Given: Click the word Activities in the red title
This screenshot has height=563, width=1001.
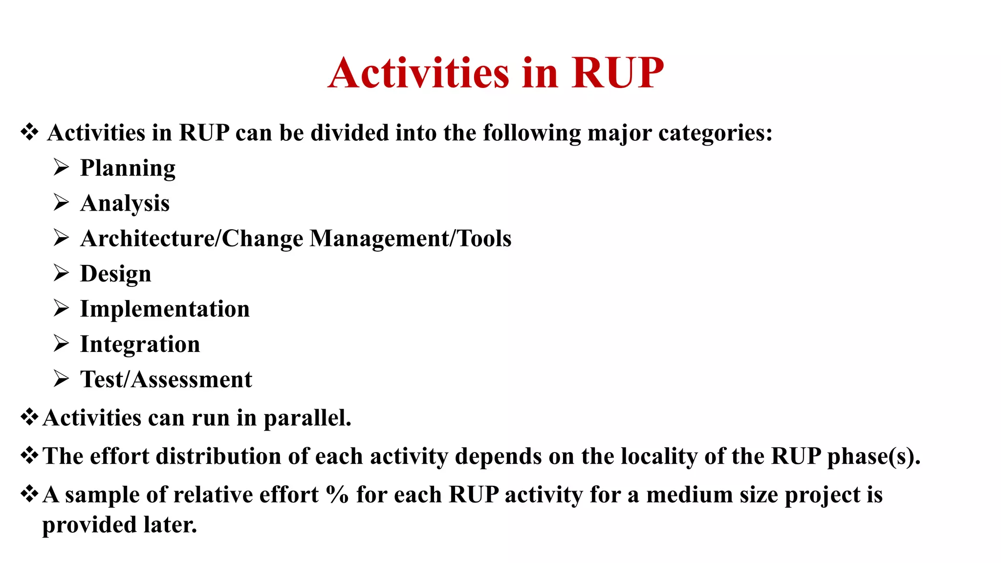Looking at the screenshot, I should coord(418,73).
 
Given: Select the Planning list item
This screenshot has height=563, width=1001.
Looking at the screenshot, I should coord(128,169).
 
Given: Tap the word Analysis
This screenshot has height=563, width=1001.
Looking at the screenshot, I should coord(125,203).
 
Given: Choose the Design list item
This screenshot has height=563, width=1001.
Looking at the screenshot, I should coord(115,274).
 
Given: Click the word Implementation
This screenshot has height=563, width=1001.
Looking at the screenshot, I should coord(165,309).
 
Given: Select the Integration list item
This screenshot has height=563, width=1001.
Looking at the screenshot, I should coord(140,345).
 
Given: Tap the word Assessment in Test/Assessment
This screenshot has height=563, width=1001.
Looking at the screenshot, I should coord(192,380).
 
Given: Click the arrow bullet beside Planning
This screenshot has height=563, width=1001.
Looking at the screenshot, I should coord(61,168).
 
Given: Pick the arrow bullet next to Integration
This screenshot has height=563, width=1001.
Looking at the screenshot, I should coord(61,344).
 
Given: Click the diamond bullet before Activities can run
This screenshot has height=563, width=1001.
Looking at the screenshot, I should coord(29,417).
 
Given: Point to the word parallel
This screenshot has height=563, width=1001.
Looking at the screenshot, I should coord(307,418).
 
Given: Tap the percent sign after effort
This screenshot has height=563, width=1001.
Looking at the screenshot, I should coord(337,495).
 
